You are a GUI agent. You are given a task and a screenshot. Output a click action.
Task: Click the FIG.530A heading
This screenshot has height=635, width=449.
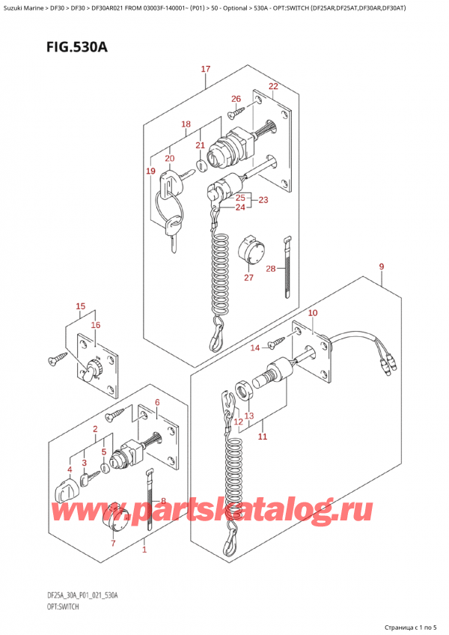[x=76, y=47]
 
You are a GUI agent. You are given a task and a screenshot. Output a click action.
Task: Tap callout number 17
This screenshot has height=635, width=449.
[x=206, y=69]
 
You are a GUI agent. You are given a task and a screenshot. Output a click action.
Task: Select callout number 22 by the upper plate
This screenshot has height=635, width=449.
[x=273, y=86]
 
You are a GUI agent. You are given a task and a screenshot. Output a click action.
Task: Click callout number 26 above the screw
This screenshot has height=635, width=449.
[x=236, y=99]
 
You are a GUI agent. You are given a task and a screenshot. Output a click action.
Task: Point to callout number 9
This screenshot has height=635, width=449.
[x=382, y=267]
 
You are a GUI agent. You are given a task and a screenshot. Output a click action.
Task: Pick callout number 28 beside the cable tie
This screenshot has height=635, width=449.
[x=271, y=269]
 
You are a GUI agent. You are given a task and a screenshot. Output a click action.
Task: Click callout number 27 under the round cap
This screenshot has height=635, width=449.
[x=248, y=277]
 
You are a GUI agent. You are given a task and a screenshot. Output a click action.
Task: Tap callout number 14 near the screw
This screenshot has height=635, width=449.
[x=254, y=347]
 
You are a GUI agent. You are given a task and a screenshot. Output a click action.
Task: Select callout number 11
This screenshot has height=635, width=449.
[x=263, y=436]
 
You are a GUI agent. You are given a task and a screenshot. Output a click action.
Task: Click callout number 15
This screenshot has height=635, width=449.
[x=81, y=306]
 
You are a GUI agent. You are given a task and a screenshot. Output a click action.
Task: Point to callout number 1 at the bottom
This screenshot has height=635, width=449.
[x=144, y=550]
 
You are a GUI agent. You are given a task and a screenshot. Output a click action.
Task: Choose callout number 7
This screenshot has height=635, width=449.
[x=113, y=543]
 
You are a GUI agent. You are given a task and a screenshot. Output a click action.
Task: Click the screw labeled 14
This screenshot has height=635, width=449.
[x=277, y=343]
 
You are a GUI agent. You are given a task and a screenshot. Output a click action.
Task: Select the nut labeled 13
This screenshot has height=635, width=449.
[x=244, y=391]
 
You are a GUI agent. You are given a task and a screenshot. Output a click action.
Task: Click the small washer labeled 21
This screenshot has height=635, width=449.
[x=201, y=165]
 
